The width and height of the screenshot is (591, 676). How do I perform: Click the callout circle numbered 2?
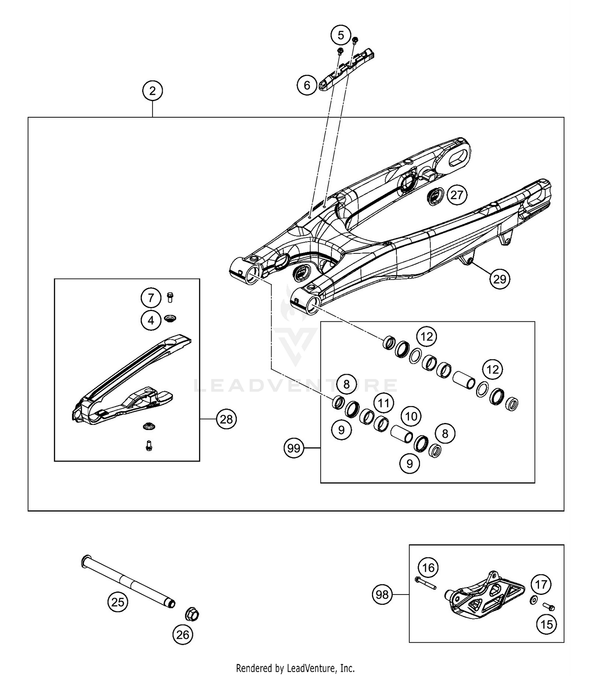click(x=152, y=91)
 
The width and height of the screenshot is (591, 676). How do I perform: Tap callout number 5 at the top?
click(x=340, y=35)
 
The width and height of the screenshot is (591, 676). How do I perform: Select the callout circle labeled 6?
click(x=307, y=85)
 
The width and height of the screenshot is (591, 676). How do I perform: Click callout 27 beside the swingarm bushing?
click(x=457, y=195)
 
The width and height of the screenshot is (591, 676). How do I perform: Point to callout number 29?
click(x=500, y=279)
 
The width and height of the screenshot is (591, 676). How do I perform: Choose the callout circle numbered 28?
click(x=226, y=419)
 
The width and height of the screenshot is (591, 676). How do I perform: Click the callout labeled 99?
click(x=294, y=448)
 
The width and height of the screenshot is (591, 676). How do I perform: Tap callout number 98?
click(x=382, y=595)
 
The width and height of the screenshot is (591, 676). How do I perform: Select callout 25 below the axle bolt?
click(x=118, y=602)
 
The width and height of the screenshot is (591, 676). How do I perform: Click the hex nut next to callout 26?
click(x=192, y=614)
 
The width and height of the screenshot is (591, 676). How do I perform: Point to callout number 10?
click(x=411, y=416)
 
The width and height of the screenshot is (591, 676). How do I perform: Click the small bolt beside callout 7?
click(x=170, y=297)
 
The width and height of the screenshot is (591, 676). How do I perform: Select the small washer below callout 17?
click(x=533, y=600)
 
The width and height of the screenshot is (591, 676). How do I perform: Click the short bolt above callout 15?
click(x=548, y=607)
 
